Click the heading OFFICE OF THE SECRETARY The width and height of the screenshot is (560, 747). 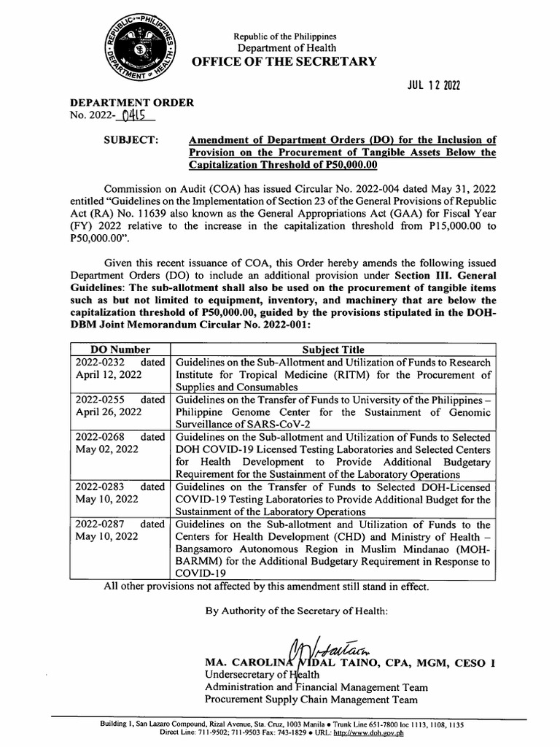[x=284, y=61]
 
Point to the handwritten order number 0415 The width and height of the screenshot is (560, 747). [x=134, y=115]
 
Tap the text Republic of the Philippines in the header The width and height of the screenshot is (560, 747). [x=284, y=36]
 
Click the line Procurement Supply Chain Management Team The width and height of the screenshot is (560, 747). [x=311, y=700]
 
